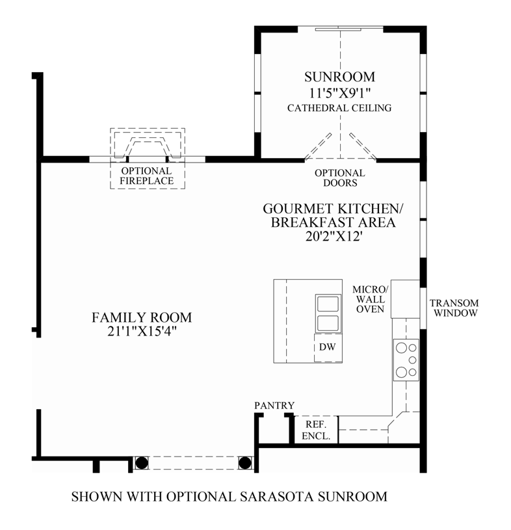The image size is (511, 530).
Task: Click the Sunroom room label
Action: (339, 77)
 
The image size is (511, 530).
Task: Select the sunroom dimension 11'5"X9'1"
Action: (339, 93)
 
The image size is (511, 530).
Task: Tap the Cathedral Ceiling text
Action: (339, 108)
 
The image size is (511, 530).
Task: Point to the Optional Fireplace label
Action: (147, 176)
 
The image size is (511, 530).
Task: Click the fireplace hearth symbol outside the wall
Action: (148, 144)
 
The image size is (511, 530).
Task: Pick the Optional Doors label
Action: (339, 178)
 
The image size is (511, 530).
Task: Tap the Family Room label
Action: (142, 317)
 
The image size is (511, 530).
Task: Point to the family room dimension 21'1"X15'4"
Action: (142, 332)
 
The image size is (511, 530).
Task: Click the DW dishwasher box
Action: (327, 347)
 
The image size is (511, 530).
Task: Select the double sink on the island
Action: (328, 313)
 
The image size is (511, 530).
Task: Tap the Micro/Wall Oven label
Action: (370, 299)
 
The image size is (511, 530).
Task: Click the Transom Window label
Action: (454, 308)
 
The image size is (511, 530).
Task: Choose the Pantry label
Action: (274, 405)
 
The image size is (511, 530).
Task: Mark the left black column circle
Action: (141, 463)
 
